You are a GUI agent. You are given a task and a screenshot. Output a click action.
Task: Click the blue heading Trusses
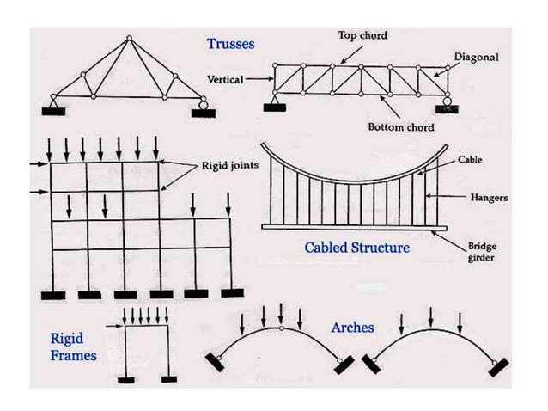[229, 43]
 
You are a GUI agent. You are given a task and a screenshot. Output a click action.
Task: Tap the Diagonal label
[476, 57]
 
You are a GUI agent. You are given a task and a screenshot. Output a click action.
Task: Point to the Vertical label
[225, 79]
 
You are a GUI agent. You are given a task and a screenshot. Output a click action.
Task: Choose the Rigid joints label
[227, 165]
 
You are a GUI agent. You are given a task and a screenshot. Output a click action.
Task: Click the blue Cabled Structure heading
[357, 248]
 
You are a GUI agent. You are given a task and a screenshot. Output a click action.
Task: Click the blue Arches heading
[353, 328]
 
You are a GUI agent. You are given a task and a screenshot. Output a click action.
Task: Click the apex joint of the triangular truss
[129, 38]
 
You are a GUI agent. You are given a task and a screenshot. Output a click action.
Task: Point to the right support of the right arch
[497, 367]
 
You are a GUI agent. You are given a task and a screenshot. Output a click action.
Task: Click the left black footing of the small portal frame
[126, 379]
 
